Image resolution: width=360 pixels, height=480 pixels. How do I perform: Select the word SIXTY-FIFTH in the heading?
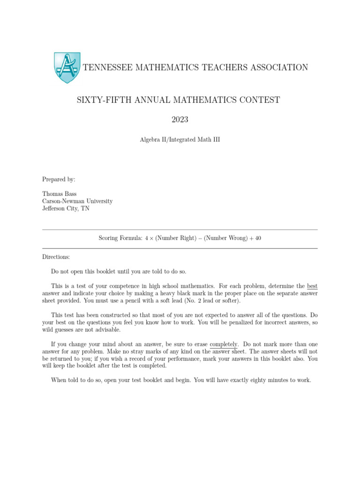pyautogui.click(x=100, y=100)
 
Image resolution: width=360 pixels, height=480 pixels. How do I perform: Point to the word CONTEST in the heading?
pyautogui.click(x=258, y=100)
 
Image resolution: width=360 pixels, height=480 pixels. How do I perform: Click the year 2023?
pyautogui.click(x=180, y=120)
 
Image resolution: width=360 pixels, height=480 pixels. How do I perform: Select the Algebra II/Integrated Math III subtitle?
pyautogui.click(x=180, y=139)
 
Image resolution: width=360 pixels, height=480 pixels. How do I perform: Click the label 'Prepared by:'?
pyautogui.click(x=59, y=179)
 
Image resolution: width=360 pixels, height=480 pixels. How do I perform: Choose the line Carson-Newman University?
pyautogui.click(x=77, y=201)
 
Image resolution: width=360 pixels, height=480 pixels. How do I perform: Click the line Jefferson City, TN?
pyautogui.click(x=66, y=209)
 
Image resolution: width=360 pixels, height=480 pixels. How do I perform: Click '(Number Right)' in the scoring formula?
pyautogui.click(x=178, y=238)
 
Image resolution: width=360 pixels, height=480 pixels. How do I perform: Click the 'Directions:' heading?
pyautogui.click(x=56, y=257)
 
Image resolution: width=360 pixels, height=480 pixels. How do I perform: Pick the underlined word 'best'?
pyautogui.click(x=312, y=285)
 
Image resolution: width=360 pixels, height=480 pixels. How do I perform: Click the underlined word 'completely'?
pyautogui.click(x=224, y=344)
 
